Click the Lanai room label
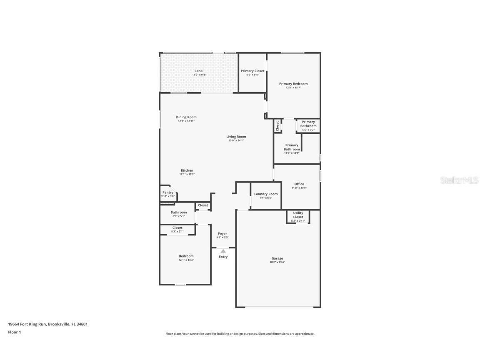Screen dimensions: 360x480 [199, 71]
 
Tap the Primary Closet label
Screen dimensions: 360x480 [252, 71]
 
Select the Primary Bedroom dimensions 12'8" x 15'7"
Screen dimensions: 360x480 [293, 87]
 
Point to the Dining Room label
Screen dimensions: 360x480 [186, 117]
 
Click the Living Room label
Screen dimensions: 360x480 [236, 137]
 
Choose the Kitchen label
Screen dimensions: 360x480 [187, 170]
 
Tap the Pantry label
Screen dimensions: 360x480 [168, 192]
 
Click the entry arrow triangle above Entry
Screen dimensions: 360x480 [223, 251]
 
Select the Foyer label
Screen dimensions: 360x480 [222, 234]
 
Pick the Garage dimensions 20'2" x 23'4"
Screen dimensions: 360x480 [277, 262]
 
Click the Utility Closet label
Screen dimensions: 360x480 [298, 215]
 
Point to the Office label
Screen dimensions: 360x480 [299, 184]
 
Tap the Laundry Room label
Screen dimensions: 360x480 [266, 194]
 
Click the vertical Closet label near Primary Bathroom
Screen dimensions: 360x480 [277, 126]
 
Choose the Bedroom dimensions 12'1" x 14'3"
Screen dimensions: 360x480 [186, 260]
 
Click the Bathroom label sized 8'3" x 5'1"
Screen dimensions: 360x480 [178, 212]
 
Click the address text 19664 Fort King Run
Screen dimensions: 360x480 [27, 324]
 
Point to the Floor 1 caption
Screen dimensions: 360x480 [15, 332]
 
